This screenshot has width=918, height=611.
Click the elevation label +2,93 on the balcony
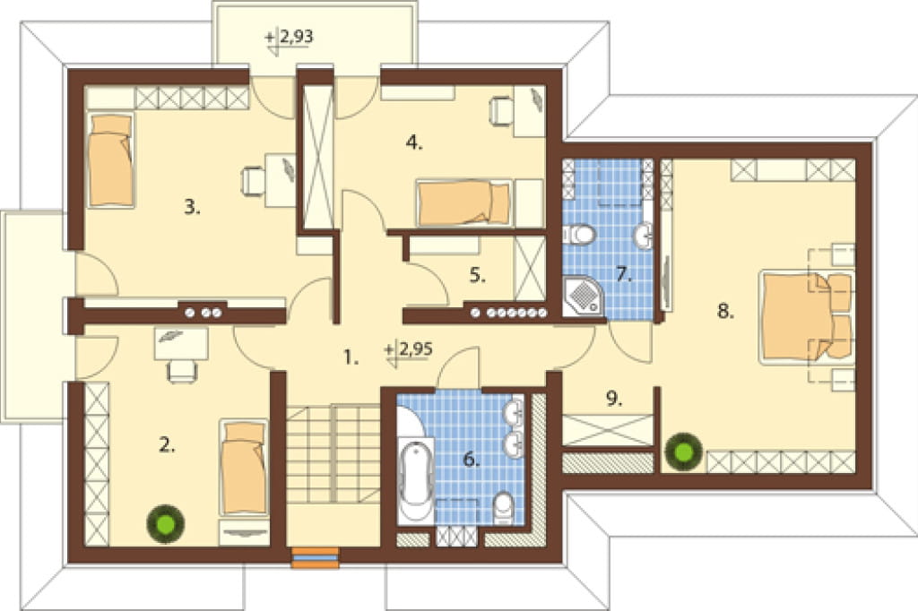290,37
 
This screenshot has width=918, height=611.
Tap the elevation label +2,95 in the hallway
409,349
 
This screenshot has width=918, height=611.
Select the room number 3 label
192,207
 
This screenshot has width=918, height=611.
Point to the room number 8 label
725,312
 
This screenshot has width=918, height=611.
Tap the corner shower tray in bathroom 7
583,297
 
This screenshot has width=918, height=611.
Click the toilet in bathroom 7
580,234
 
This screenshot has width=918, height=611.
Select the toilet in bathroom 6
504,508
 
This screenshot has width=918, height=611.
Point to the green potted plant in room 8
683,451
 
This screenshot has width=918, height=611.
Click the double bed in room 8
805,316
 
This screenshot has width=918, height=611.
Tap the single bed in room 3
110,159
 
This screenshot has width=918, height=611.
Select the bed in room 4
463,202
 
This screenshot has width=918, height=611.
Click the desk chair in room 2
181,371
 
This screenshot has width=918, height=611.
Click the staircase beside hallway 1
333,453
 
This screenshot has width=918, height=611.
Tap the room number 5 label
478,276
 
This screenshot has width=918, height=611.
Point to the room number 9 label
613,400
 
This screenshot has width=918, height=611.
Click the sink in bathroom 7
644,236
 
